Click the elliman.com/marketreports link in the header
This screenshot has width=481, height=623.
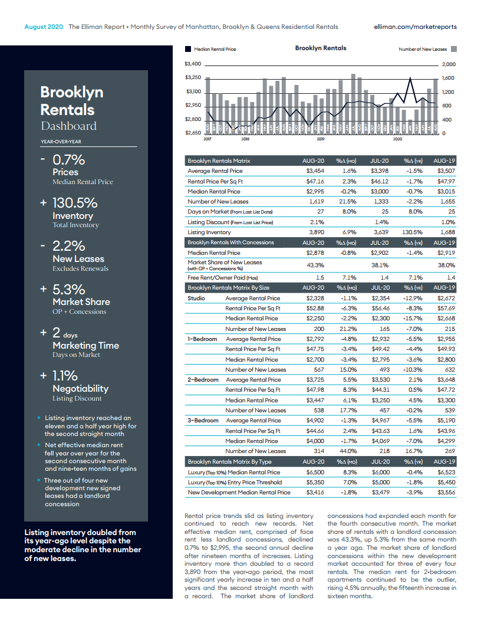[x=415, y=27]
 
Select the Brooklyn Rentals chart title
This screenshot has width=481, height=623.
[x=321, y=48]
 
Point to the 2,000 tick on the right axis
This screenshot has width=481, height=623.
[x=449, y=64]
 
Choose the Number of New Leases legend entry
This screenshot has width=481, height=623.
[x=423, y=49]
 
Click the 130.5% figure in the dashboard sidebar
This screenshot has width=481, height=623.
[x=75, y=203]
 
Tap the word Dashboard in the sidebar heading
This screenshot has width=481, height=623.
[x=68, y=126]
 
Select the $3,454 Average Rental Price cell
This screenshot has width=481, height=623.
[x=315, y=170]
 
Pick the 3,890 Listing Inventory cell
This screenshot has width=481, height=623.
[x=315, y=232]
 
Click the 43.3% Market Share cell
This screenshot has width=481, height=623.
[x=315, y=265]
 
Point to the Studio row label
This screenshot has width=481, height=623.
[x=196, y=299]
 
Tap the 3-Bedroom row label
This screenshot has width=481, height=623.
[x=203, y=421]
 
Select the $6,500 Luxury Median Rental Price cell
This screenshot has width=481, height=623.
[x=315, y=472]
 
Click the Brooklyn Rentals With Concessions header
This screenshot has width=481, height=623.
[x=230, y=242]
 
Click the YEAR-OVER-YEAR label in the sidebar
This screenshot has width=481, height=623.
[x=61, y=141]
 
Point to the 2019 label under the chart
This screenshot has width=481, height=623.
[x=321, y=139]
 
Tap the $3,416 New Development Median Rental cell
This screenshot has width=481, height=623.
[x=315, y=492]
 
